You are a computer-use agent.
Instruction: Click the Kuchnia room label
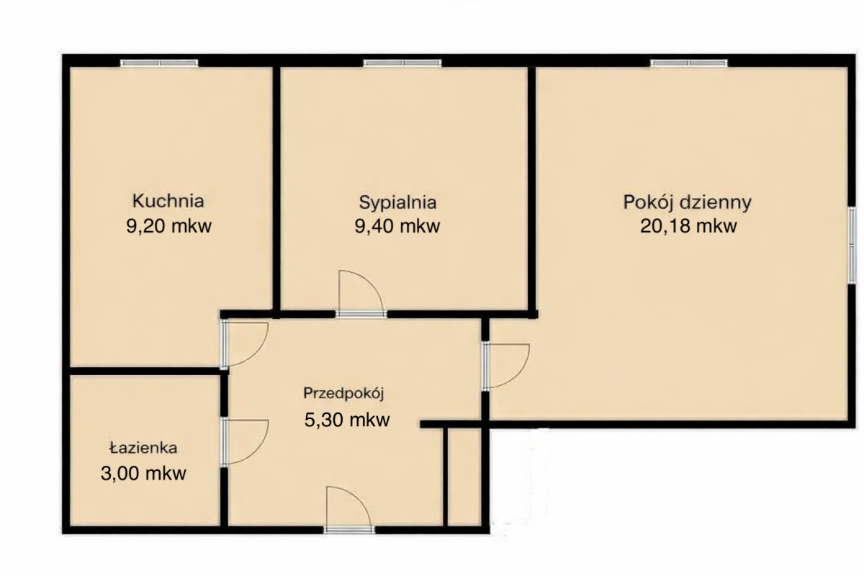[x=168, y=201]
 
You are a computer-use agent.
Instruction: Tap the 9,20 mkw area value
[x=169, y=226]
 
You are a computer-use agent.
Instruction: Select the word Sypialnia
[x=397, y=203]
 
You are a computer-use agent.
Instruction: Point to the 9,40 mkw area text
[x=397, y=226]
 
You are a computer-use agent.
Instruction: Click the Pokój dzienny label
[x=688, y=203]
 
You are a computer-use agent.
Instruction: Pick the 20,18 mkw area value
[x=688, y=226]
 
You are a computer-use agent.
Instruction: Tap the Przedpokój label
[x=343, y=394]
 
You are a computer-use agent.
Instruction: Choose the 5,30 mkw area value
[x=347, y=420]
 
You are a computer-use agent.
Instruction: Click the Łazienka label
[x=143, y=448]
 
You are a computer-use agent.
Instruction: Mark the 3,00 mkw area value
[x=143, y=473]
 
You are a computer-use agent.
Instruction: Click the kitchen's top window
[x=159, y=63]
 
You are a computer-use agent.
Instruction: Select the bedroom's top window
[x=402, y=63]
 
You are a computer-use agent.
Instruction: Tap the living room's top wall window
[x=689, y=63]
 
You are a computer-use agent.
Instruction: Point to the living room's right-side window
[x=852, y=245]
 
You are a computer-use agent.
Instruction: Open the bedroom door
[x=361, y=294]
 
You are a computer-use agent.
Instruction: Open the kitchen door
[x=244, y=343]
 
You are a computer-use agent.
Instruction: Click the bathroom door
[x=244, y=442]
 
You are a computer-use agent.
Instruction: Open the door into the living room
[x=505, y=366]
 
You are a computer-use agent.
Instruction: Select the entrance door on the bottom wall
[x=348, y=510]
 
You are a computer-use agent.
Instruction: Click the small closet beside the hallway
[x=464, y=477]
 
